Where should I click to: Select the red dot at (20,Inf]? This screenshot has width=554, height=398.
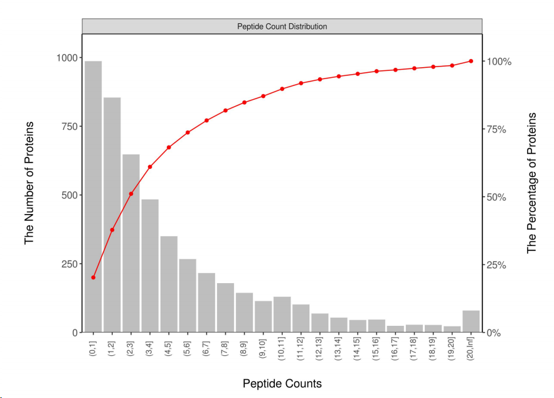[471, 61]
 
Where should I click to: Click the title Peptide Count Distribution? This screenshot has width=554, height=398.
[282, 26]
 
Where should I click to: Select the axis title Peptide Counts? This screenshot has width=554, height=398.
[282, 384]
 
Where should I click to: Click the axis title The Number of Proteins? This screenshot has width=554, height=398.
[29, 183]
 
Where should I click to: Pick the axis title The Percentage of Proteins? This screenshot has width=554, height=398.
[532, 183]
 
